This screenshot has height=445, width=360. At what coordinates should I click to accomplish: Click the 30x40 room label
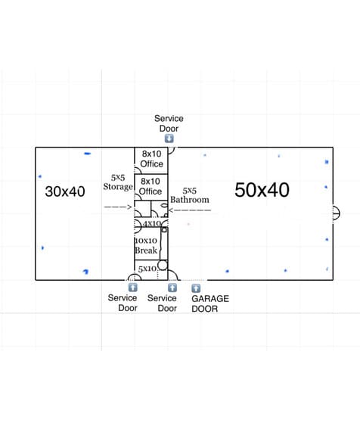point(65,191)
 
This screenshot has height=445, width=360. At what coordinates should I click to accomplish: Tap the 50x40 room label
point(262,190)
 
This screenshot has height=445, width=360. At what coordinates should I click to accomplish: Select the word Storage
point(118,187)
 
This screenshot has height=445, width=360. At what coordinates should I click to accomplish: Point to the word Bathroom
point(190,200)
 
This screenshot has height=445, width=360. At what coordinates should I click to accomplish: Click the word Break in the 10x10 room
point(146,251)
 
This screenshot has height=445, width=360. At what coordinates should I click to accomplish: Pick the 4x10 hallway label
point(152,223)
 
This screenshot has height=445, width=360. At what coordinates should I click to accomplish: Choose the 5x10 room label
point(147,269)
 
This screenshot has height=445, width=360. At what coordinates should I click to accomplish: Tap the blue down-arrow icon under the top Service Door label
point(169,138)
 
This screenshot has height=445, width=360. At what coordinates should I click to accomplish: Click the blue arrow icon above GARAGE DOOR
point(196,288)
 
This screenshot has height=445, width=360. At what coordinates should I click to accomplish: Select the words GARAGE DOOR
point(210,303)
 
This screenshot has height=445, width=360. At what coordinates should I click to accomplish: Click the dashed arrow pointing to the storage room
point(118,207)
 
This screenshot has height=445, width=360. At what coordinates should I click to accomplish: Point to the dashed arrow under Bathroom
point(190,210)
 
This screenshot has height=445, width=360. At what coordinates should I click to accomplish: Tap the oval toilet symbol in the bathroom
point(164,205)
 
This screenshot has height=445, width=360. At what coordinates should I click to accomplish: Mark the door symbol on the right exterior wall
point(336,213)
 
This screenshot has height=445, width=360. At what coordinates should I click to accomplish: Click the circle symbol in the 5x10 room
point(163,266)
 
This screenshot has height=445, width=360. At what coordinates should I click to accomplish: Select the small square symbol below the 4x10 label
point(164,229)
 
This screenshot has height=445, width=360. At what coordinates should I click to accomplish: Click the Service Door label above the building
point(169,123)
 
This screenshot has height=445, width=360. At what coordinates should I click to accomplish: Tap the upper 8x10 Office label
point(151,159)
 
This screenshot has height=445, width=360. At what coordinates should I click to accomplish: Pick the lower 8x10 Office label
point(151,186)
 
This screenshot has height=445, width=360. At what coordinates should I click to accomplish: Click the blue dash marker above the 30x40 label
point(88,154)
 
